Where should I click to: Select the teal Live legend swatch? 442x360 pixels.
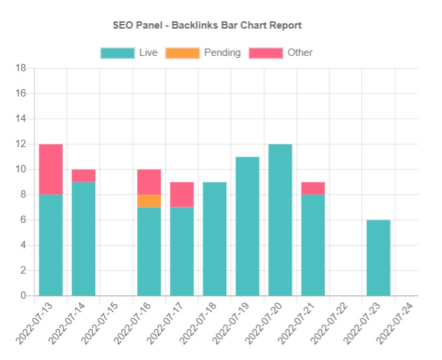pos(116,53)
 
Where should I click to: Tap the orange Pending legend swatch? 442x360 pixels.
pos(182,53)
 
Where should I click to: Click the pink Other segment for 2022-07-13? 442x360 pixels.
pos(51,169)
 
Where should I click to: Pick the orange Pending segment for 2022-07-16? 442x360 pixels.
pos(149,201)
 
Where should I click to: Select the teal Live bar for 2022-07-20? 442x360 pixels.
pos(280,220)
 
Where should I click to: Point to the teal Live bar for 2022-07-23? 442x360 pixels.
pos(378,258)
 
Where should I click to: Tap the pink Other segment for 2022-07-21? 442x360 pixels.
pos(313,188)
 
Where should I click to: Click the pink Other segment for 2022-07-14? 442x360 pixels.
pos(84,176)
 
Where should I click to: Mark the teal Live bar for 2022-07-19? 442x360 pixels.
pos(248,226)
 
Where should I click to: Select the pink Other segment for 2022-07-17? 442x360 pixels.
pos(182,194)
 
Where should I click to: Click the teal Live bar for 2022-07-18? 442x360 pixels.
pos(214,239)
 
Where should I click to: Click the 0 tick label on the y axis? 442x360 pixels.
pos(23,295)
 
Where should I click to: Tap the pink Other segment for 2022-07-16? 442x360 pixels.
pos(149,182)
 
